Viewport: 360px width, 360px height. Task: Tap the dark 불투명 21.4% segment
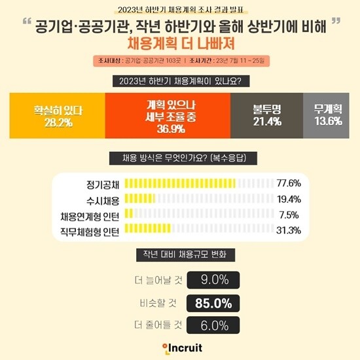(x=266, y=115)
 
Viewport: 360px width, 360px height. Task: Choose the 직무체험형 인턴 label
(x=86, y=230)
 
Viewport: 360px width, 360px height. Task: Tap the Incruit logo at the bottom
(x=181, y=348)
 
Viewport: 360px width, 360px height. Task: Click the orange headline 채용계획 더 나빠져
(x=179, y=45)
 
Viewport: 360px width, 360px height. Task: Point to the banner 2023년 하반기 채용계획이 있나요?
(x=180, y=82)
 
